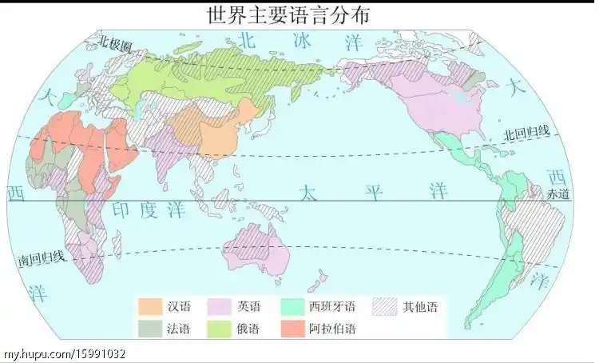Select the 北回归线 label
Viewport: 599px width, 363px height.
(x=526, y=133)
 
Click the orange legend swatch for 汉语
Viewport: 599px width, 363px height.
(x=149, y=306)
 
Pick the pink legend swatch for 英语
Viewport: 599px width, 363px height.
(x=220, y=306)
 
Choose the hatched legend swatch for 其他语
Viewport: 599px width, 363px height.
(x=385, y=306)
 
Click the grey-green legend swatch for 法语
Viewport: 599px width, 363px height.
(x=149, y=327)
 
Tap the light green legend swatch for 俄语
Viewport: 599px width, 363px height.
(x=220, y=327)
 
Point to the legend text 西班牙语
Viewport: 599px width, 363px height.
(x=332, y=307)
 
